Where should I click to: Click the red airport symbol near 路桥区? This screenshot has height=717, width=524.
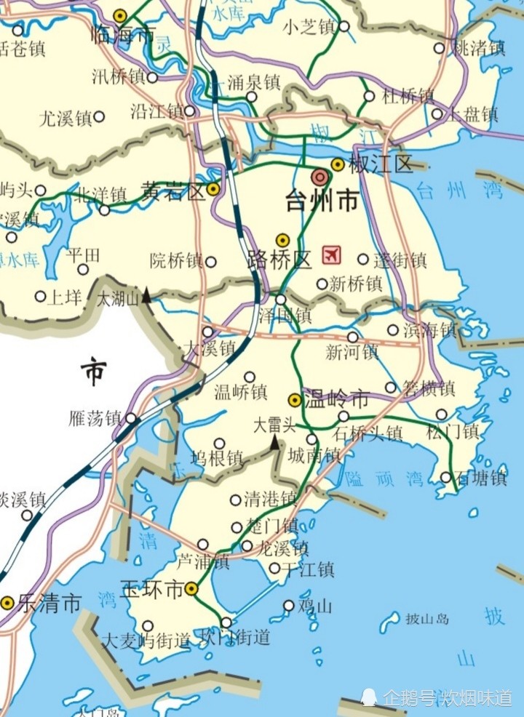tap(332, 255)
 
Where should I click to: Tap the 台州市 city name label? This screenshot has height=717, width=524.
tap(322, 200)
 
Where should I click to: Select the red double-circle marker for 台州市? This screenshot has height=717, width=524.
tap(319, 177)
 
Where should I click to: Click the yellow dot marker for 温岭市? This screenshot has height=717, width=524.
tap(295, 399)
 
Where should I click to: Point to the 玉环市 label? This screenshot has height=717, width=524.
tap(152, 589)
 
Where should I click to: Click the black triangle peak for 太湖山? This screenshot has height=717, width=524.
tap(146, 295)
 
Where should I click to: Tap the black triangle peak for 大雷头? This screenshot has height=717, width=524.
tap(275, 442)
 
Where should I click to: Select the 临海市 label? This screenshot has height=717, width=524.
tap(124, 33)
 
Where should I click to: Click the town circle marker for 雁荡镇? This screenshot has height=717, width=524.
tap(131, 418)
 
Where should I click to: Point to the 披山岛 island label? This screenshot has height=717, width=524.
tap(427, 620)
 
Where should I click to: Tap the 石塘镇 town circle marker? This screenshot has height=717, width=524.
tap(446, 477)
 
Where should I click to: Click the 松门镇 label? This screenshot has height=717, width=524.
tap(453, 432)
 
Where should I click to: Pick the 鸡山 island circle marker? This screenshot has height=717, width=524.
tap(289, 605)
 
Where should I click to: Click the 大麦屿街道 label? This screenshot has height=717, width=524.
tap(146, 641)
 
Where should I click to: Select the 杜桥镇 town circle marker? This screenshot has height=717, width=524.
tap(369, 96)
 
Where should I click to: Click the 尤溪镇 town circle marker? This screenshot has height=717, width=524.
tap(99, 116)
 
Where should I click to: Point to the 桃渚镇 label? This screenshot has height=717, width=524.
tap(480, 49)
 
